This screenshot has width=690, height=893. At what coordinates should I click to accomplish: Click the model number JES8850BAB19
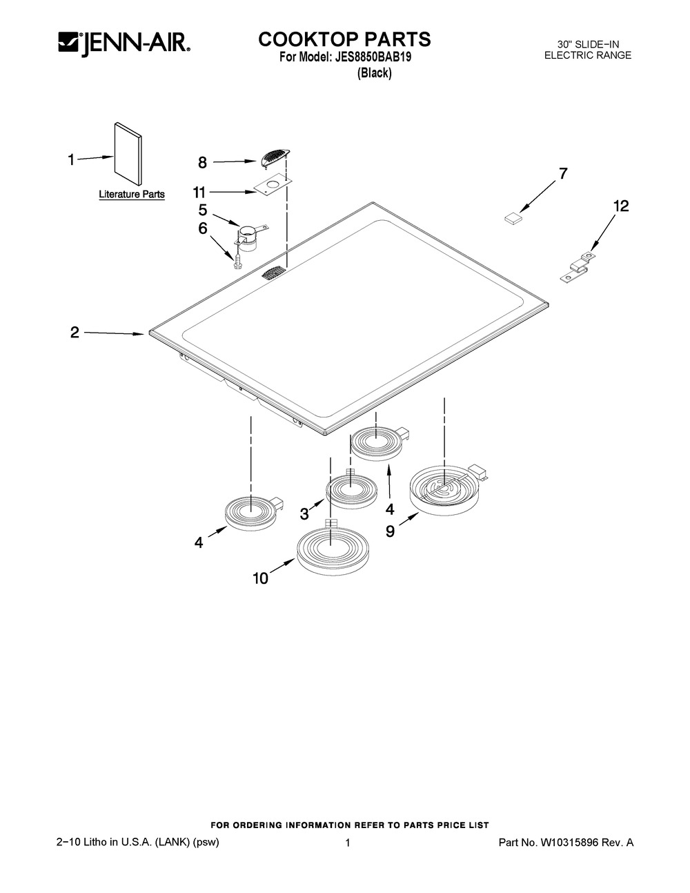click(373, 57)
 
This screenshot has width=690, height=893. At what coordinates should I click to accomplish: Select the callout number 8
click(202, 163)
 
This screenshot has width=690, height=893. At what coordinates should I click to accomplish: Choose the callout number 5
click(203, 210)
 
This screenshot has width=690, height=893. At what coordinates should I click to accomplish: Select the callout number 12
click(621, 206)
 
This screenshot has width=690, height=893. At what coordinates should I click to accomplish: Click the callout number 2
click(75, 332)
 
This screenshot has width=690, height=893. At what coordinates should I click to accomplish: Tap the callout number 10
click(260, 578)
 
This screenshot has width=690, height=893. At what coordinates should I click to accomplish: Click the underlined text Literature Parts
click(132, 195)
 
